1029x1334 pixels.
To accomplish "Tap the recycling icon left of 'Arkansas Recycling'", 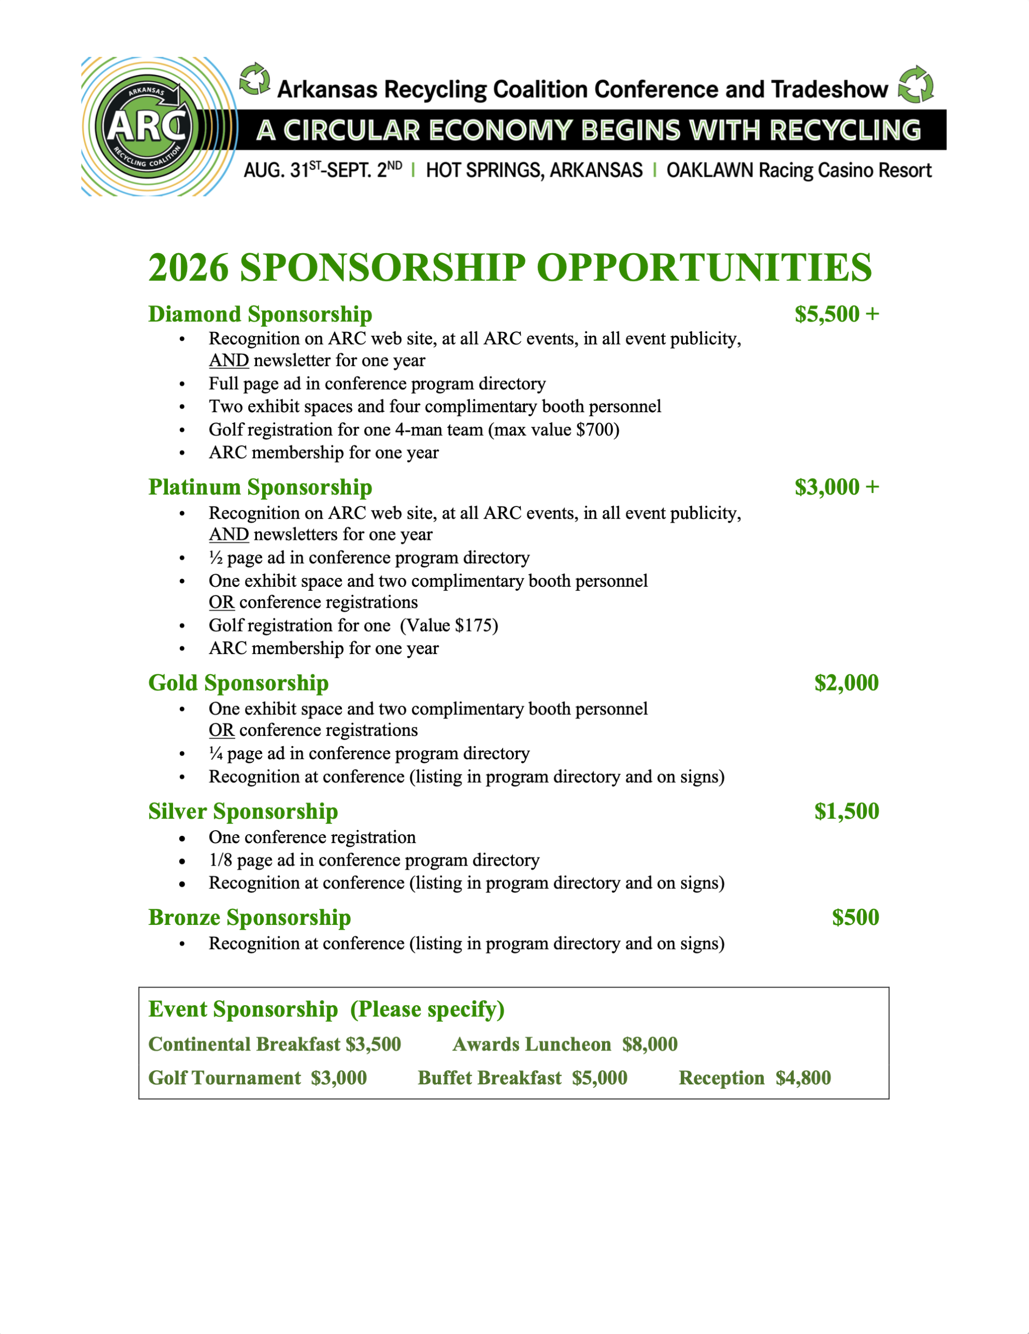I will [x=254, y=79].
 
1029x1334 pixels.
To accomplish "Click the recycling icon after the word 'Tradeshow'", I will [x=915, y=85].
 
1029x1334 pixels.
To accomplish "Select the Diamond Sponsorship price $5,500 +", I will [x=837, y=314].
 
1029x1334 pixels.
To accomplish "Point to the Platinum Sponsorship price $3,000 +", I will [x=837, y=487].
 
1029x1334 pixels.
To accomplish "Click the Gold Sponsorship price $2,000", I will [x=847, y=682].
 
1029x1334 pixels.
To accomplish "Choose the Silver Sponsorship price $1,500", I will [x=847, y=810].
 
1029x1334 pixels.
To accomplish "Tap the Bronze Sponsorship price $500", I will [x=855, y=917].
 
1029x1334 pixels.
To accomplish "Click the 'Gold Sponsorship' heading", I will [x=238, y=682].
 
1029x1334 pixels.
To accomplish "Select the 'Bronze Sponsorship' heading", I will [x=249, y=917].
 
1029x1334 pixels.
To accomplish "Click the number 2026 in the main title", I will [x=188, y=267].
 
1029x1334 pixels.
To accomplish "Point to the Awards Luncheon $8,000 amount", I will [x=650, y=1044].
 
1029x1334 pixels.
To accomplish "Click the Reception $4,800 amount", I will [x=803, y=1078].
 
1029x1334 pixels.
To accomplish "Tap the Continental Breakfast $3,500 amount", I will [x=373, y=1044].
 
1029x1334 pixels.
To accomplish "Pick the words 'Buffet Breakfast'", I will [x=489, y=1078].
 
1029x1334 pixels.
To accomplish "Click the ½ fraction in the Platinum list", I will [x=216, y=558].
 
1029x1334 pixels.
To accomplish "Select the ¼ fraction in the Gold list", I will [x=216, y=753].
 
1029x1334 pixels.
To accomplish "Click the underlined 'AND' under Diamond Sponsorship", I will [x=228, y=361].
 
